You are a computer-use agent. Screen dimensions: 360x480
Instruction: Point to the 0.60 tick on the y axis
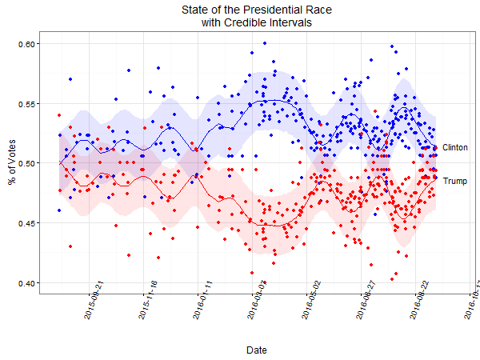click(27, 43)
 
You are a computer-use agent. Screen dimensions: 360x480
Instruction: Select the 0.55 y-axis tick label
click(27, 103)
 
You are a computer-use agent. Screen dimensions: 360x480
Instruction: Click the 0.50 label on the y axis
click(27, 163)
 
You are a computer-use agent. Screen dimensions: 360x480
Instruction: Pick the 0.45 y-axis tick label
click(27, 223)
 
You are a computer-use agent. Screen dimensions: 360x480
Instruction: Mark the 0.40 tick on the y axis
click(27, 283)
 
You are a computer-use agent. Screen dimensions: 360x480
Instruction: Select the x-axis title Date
click(257, 350)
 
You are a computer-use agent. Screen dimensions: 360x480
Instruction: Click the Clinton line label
click(455, 148)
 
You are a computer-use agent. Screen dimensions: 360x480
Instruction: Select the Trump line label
click(454, 182)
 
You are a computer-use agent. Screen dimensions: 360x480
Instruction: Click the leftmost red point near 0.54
click(59, 115)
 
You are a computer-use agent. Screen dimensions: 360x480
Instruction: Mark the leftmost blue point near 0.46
click(59, 210)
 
